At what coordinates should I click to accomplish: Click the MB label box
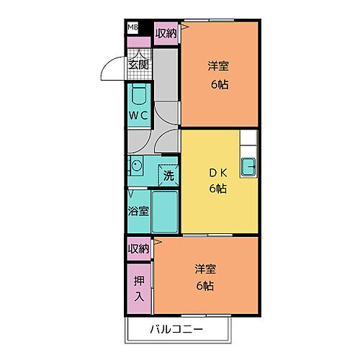click(133, 27)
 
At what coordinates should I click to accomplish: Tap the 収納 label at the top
click(165, 33)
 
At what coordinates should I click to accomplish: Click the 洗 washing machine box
click(168, 174)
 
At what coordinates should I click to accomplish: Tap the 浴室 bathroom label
click(139, 211)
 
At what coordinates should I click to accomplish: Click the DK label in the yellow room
click(218, 174)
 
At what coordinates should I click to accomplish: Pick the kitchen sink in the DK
click(248, 166)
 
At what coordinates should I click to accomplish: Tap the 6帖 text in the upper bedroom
click(219, 84)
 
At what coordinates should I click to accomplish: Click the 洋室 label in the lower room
click(205, 269)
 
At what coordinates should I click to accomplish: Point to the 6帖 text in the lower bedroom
click(205, 285)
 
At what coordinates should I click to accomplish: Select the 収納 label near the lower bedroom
click(138, 248)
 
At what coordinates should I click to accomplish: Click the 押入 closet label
click(138, 287)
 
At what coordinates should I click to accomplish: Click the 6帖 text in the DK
click(218, 189)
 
